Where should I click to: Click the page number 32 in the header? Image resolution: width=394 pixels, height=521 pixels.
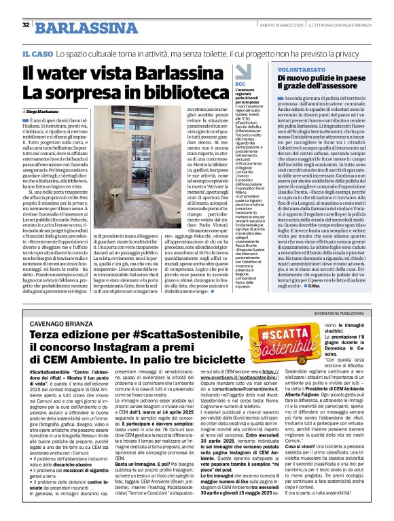(x=26, y=25)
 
